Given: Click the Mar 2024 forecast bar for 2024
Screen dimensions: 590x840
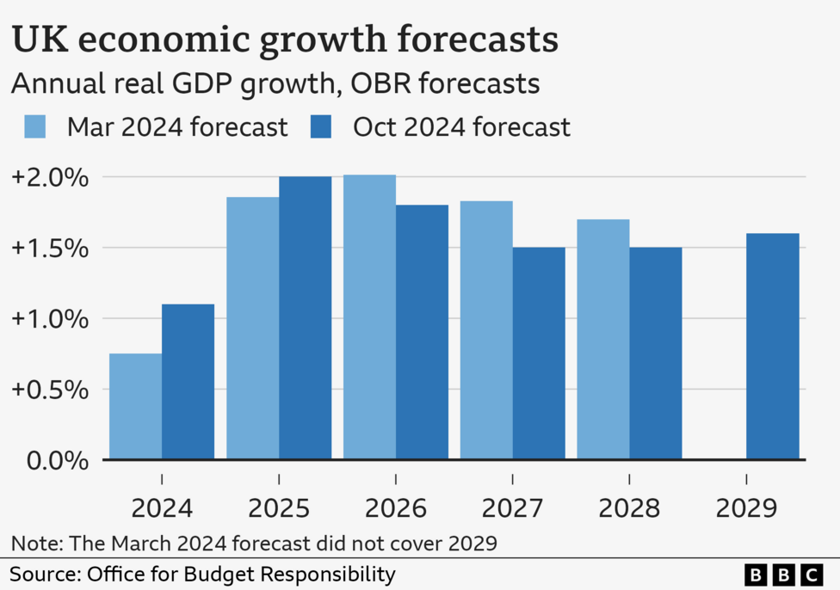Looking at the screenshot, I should tap(135, 407).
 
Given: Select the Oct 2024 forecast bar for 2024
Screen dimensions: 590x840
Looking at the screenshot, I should tap(188, 382).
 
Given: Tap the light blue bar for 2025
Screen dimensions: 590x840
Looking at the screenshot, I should tap(252, 329).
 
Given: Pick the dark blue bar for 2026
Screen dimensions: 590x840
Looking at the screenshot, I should tap(422, 332).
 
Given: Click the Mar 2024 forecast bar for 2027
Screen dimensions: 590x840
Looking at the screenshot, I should tap(486, 330).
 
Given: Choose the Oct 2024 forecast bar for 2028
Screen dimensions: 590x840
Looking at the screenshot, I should tap(655, 353).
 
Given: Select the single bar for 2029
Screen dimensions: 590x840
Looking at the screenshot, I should tap(772, 347).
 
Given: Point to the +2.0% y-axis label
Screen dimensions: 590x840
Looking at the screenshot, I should tap(50, 178).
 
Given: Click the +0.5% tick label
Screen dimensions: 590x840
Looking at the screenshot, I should tap(50, 390).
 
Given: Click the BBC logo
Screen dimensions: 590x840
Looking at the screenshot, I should tap(782, 574).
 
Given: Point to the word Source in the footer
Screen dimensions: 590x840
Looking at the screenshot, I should tap(42, 574).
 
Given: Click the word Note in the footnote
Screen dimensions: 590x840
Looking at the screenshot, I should tap(31, 543).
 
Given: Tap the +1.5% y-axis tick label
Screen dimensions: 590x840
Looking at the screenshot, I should tap(50, 249).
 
